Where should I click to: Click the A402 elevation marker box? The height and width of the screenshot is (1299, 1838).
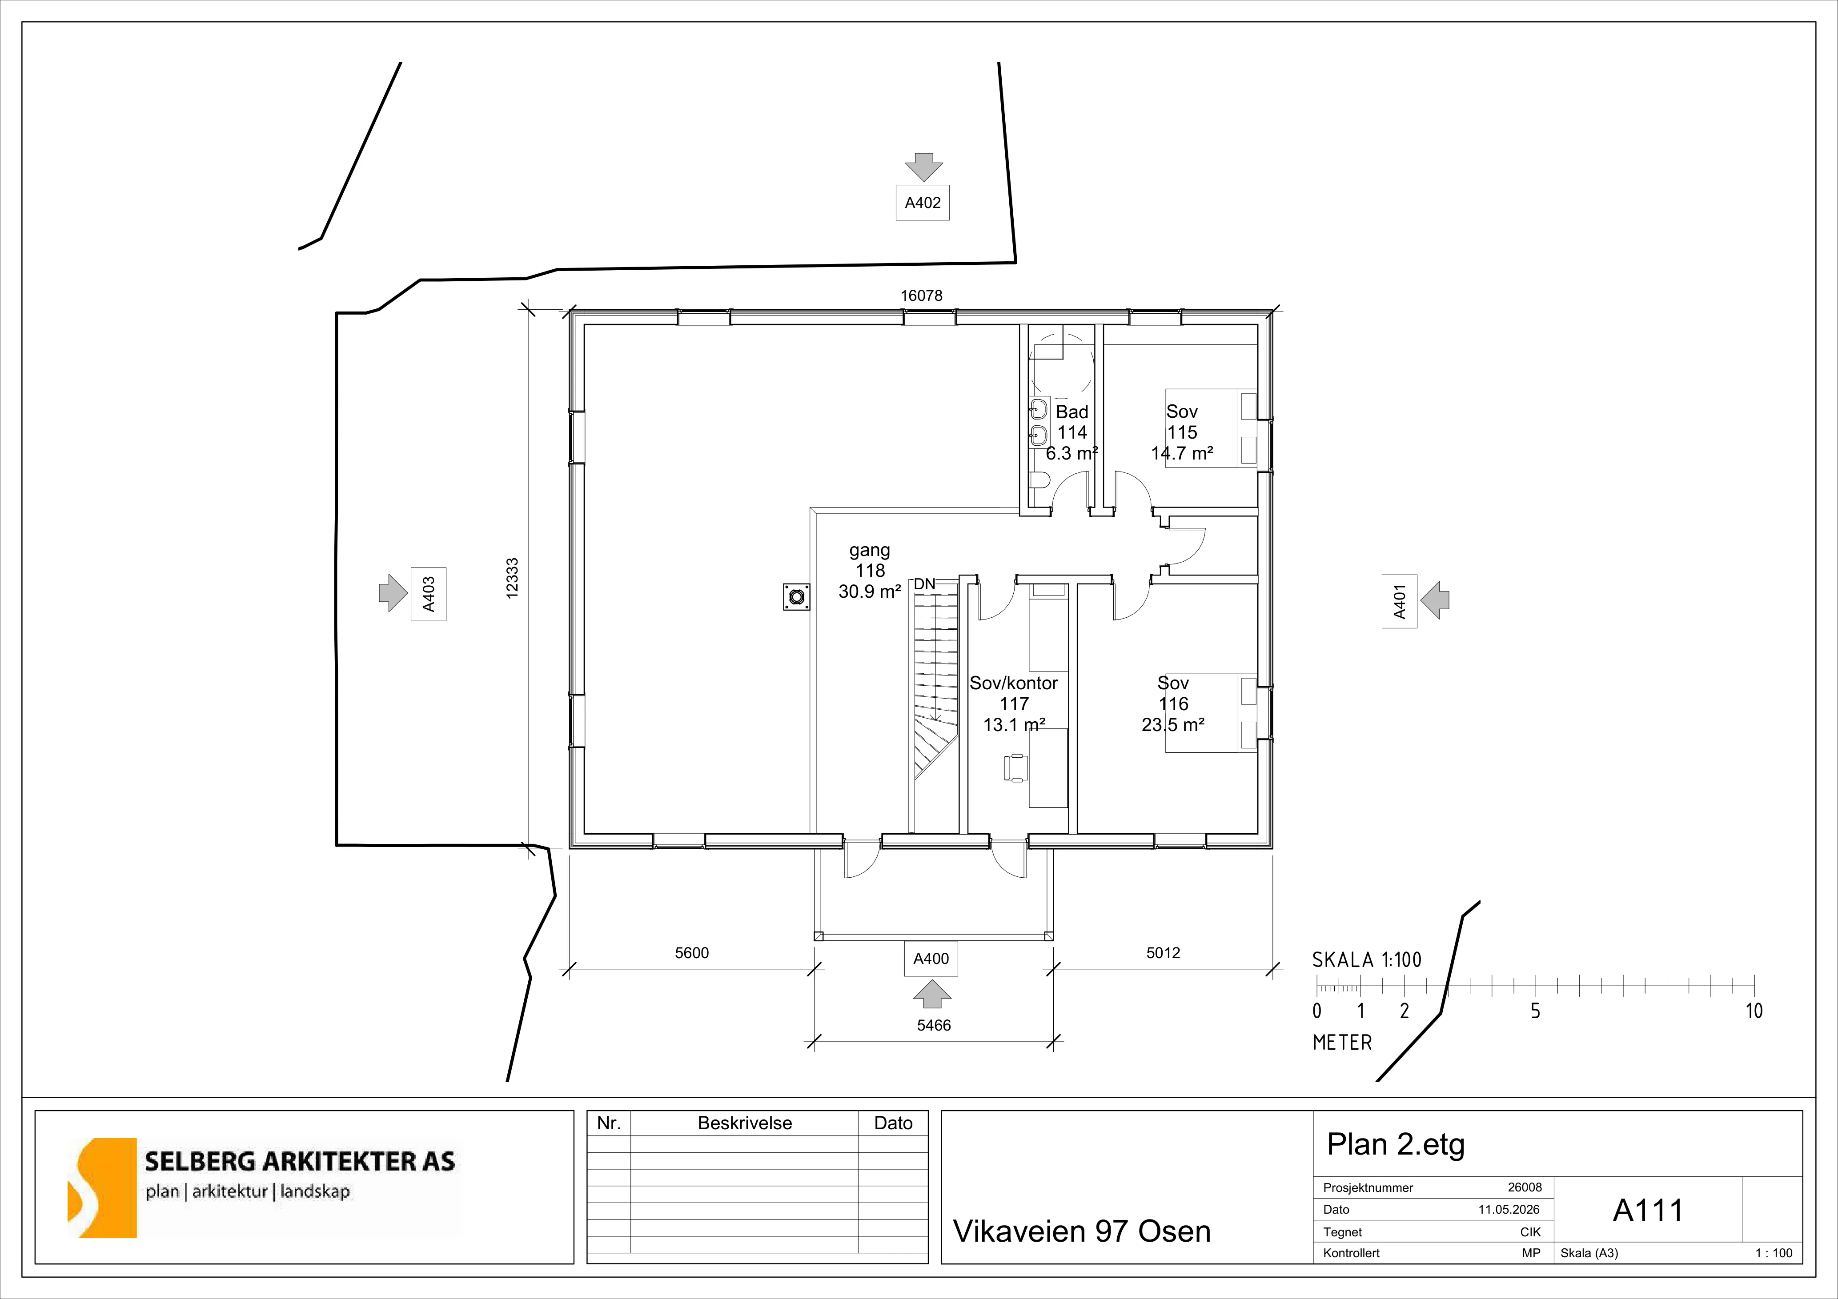[922, 203]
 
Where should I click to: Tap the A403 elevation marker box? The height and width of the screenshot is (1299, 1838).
[428, 594]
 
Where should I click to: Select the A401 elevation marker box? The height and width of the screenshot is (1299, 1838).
[1399, 601]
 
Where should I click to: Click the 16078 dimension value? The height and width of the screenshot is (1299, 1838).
[921, 296]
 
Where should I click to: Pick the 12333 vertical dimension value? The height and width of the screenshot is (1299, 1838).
[512, 578]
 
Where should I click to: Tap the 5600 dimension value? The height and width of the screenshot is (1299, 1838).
[692, 952]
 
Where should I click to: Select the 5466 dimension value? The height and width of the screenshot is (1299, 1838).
[933, 1025]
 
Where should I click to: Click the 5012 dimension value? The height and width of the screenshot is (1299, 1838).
[1163, 952]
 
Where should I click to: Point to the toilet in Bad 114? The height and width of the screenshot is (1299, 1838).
[1039, 480]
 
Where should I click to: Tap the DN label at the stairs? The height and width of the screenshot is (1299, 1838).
[925, 584]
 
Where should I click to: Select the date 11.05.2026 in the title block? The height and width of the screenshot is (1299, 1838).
[1510, 1209]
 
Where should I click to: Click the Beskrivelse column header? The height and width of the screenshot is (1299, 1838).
[744, 1123]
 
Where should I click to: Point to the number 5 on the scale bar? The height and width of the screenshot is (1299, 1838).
[1535, 1011]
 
